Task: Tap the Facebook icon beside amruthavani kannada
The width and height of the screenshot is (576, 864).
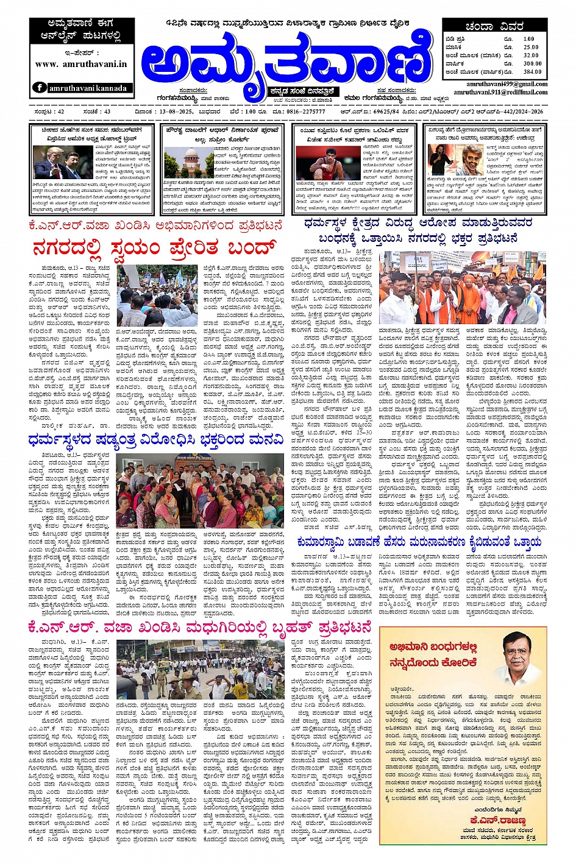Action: coord(40,88)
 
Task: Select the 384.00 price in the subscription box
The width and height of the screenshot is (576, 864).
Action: coord(532,71)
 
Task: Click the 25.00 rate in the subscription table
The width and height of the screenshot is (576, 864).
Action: coord(530,47)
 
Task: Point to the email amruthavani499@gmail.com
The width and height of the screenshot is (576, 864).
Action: coord(507,84)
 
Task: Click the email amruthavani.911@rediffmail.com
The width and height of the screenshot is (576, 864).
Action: coord(500,92)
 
